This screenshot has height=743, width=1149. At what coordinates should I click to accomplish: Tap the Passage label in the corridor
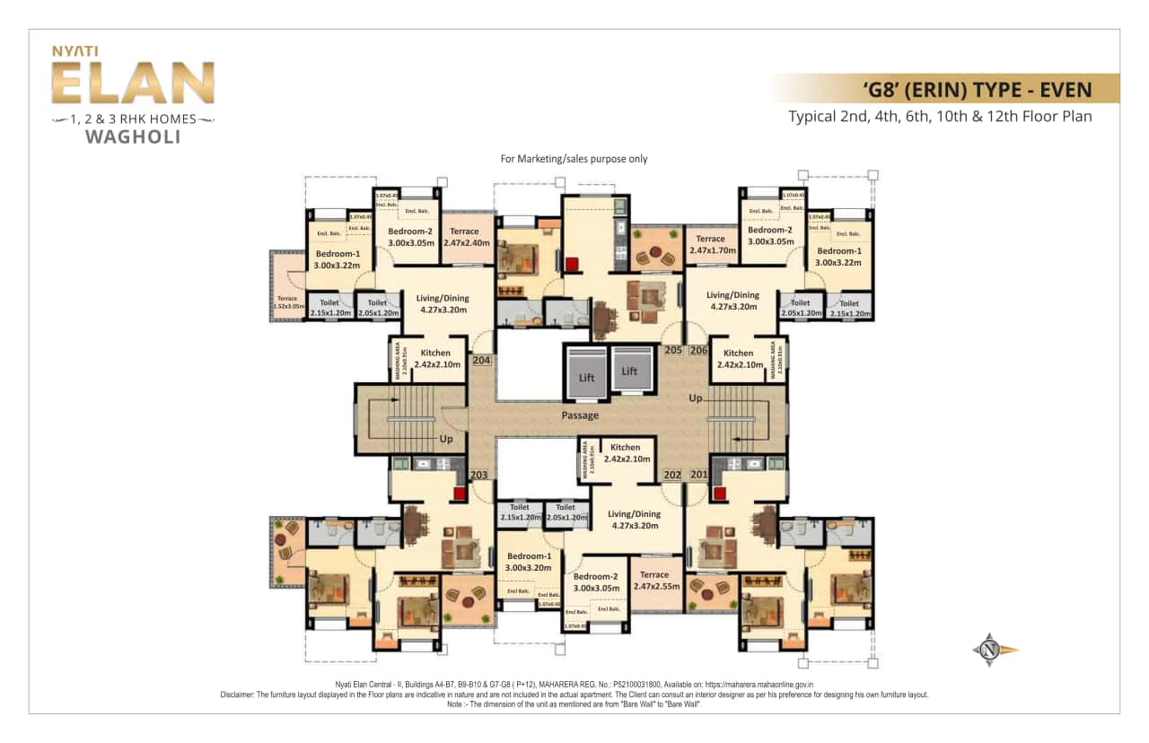tap(580, 415)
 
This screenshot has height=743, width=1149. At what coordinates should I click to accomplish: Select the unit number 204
tap(481, 360)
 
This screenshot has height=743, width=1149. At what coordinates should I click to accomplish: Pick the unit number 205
tap(673, 350)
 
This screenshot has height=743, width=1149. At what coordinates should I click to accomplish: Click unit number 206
tap(698, 350)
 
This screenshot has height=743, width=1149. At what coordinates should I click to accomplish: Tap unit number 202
tap(672, 475)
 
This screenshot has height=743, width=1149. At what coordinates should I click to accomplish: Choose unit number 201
tap(698, 475)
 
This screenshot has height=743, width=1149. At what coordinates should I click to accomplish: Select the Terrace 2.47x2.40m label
tap(464, 237)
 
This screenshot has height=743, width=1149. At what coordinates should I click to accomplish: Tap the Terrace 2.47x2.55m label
tap(654, 581)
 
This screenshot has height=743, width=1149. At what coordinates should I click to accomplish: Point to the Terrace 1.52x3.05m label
tap(286, 302)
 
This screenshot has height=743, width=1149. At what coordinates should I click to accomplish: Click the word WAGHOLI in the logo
tap(132, 137)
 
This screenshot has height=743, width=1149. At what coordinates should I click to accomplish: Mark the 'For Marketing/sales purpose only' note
tap(574, 159)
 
